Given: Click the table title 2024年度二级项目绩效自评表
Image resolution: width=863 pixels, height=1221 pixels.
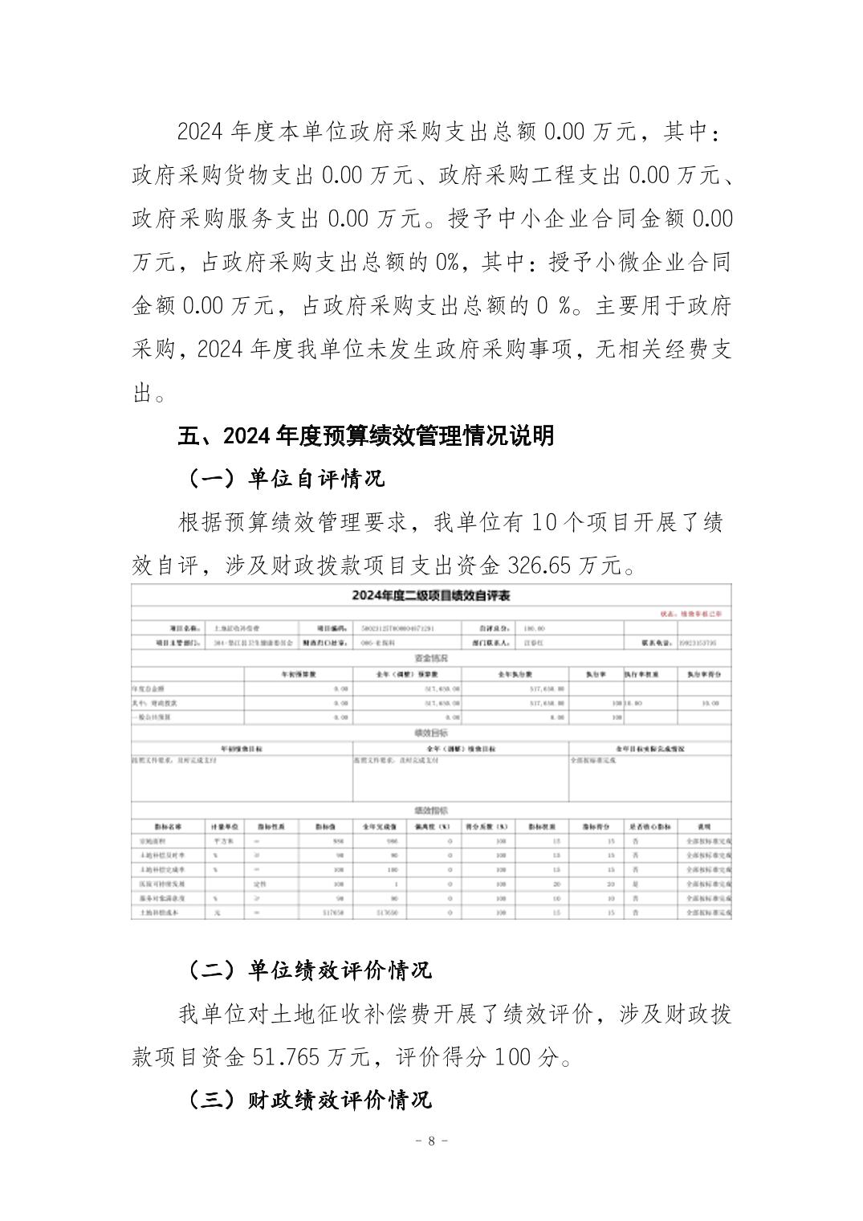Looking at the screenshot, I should click(x=431, y=596).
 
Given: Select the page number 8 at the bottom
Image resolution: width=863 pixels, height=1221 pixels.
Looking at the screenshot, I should click(x=431, y=1141).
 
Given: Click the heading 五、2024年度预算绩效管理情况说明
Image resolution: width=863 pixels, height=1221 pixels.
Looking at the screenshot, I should click(x=365, y=436).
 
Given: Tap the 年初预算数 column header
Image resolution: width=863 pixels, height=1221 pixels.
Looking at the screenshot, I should click(x=299, y=674).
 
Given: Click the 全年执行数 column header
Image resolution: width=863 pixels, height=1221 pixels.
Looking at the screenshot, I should click(x=516, y=674).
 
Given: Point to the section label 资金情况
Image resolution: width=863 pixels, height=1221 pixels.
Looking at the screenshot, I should click(x=431, y=659).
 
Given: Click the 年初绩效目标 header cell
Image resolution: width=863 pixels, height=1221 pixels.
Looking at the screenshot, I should click(x=242, y=749).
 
